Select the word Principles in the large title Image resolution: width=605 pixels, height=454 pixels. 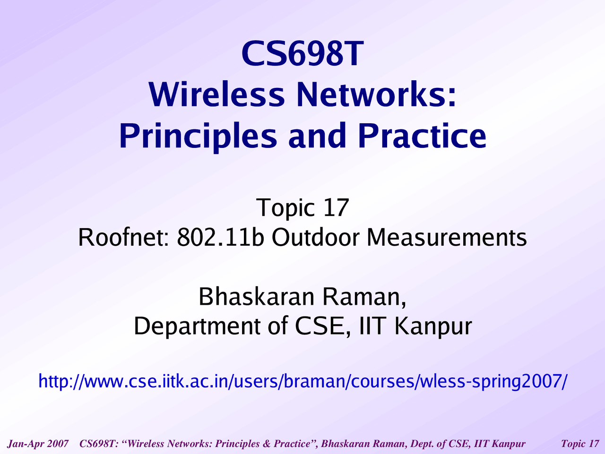(x=198, y=136)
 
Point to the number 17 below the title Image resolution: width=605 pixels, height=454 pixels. (x=336, y=207)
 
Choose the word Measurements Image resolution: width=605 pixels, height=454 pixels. (x=447, y=237)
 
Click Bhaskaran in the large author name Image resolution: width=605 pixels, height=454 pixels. (x=256, y=297)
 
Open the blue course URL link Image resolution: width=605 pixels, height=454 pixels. (x=302, y=381)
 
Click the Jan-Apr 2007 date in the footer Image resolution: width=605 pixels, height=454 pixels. (x=38, y=444)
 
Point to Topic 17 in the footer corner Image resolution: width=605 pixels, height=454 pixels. (x=580, y=444)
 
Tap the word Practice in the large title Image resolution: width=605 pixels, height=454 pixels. (x=422, y=136)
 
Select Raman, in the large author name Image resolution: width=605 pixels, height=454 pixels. (x=363, y=297)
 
